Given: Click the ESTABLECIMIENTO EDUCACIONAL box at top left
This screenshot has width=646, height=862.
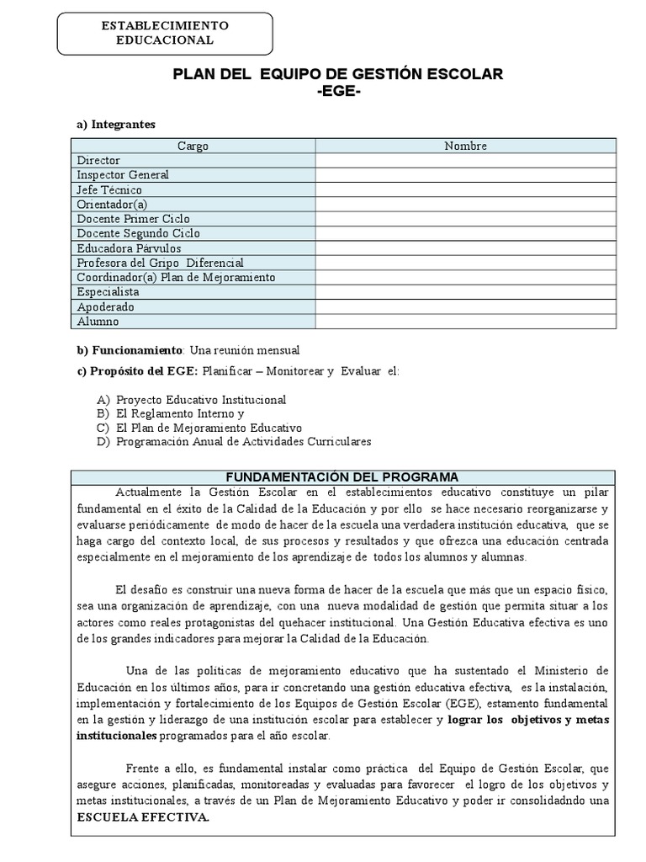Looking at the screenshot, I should [164, 33].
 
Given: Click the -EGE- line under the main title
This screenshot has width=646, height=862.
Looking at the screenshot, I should [337, 92].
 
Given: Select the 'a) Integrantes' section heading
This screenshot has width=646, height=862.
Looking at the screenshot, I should [116, 125].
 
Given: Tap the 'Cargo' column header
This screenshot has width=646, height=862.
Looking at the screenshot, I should [193, 146].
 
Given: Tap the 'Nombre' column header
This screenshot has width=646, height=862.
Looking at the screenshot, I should [465, 146].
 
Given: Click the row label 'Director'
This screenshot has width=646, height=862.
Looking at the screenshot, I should [98, 160].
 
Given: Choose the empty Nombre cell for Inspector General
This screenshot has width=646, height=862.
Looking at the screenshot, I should [465, 175].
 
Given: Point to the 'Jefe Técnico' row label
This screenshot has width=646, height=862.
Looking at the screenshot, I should [109, 189].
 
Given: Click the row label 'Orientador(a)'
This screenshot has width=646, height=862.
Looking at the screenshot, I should [112, 204].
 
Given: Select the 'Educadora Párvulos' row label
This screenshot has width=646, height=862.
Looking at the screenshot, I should [129, 248].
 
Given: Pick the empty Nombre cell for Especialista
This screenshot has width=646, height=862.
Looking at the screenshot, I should [465, 292].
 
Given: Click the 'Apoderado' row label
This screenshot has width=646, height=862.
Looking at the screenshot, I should [105, 306].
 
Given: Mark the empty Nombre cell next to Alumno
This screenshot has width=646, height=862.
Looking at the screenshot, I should [465, 322].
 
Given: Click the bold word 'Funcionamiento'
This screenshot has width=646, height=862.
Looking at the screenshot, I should [135, 349].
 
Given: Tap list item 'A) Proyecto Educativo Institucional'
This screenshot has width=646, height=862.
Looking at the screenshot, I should [192, 400].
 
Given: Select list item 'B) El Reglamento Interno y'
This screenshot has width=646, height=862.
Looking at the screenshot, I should [171, 414].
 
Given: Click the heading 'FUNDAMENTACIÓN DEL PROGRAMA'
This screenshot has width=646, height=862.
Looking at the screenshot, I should [345, 476].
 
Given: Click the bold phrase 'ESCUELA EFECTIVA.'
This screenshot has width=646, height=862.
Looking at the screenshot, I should [145, 817].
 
